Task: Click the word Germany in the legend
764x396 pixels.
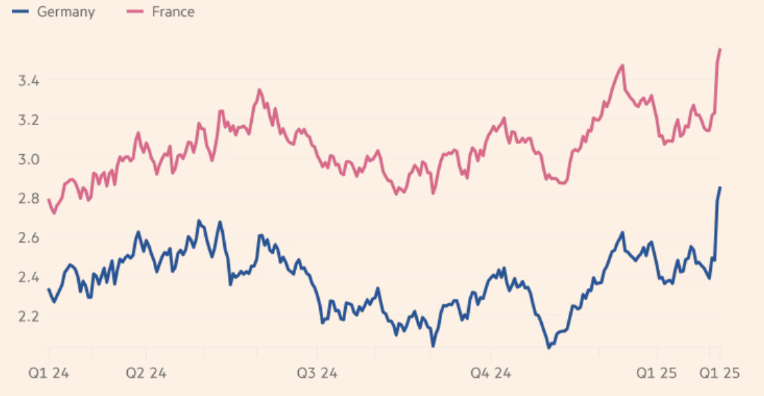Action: pos(66,12)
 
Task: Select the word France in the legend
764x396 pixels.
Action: pos(173,12)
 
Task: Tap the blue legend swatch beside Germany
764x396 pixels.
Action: pos(20,12)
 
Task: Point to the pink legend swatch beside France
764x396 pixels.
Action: pos(137,12)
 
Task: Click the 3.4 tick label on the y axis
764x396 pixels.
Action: pos(29,81)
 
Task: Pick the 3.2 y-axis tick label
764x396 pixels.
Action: pos(29,120)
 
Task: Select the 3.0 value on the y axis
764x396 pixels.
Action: pos(29,159)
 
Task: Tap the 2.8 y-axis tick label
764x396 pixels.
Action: pos(29,199)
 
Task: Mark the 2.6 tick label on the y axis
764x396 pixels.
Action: pos(29,238)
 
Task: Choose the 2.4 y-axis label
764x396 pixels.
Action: pos(29,277)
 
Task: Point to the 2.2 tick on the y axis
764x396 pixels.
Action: pos(29,316)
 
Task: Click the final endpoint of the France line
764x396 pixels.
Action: pos(720,49)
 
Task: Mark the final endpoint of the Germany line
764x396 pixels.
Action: pos(720,187)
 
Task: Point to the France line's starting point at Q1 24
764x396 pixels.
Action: pos(49,200)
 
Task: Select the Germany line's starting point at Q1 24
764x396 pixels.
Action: pos(49,289)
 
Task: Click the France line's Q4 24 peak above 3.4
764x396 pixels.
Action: pos(622,66)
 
